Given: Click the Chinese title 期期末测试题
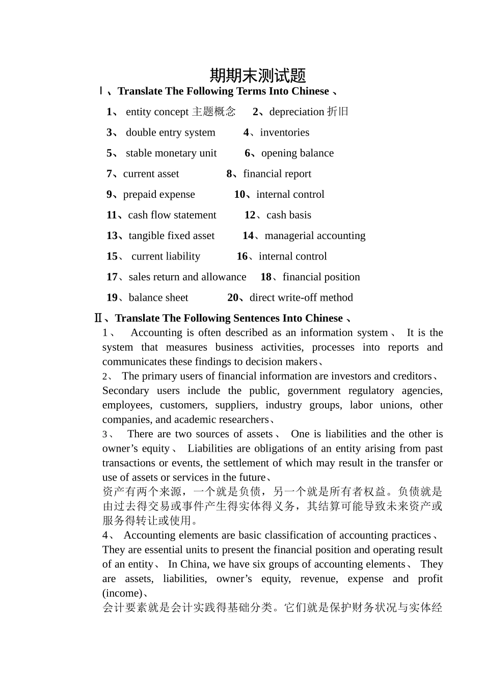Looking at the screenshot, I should click(258, 75).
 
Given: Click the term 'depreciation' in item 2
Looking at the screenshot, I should click(297, 112).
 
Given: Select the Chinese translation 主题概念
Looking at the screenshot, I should click(214, 112).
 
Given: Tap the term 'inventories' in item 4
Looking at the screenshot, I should click(284, 133).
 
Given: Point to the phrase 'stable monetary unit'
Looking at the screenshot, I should click(171, 153).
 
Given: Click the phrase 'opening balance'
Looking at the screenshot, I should click(297, 153).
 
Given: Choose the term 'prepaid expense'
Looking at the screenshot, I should click(159, 194).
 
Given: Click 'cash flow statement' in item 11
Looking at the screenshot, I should click(172, 215).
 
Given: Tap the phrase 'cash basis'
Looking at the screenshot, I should click(288, 215).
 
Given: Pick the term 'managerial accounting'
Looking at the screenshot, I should click(315, 235).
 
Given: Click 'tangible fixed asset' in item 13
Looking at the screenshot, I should click(172, 235).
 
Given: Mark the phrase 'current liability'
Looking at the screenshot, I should click(166, 256).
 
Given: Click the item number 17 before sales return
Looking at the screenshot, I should click(112, 277).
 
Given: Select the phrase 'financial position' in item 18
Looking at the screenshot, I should click(321, 277).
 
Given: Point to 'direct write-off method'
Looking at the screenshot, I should click(301, 298).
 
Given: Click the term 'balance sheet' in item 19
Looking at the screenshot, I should click(158, 298).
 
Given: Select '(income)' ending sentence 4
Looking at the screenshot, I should click(122, 593).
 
